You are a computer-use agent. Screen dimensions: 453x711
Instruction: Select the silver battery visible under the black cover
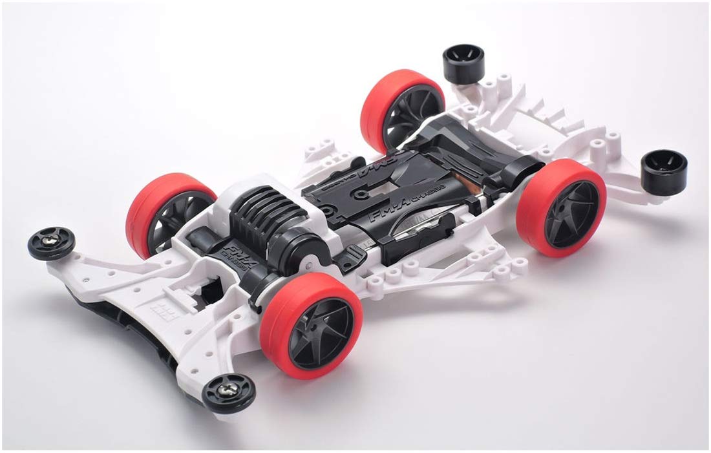click(414, 228)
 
